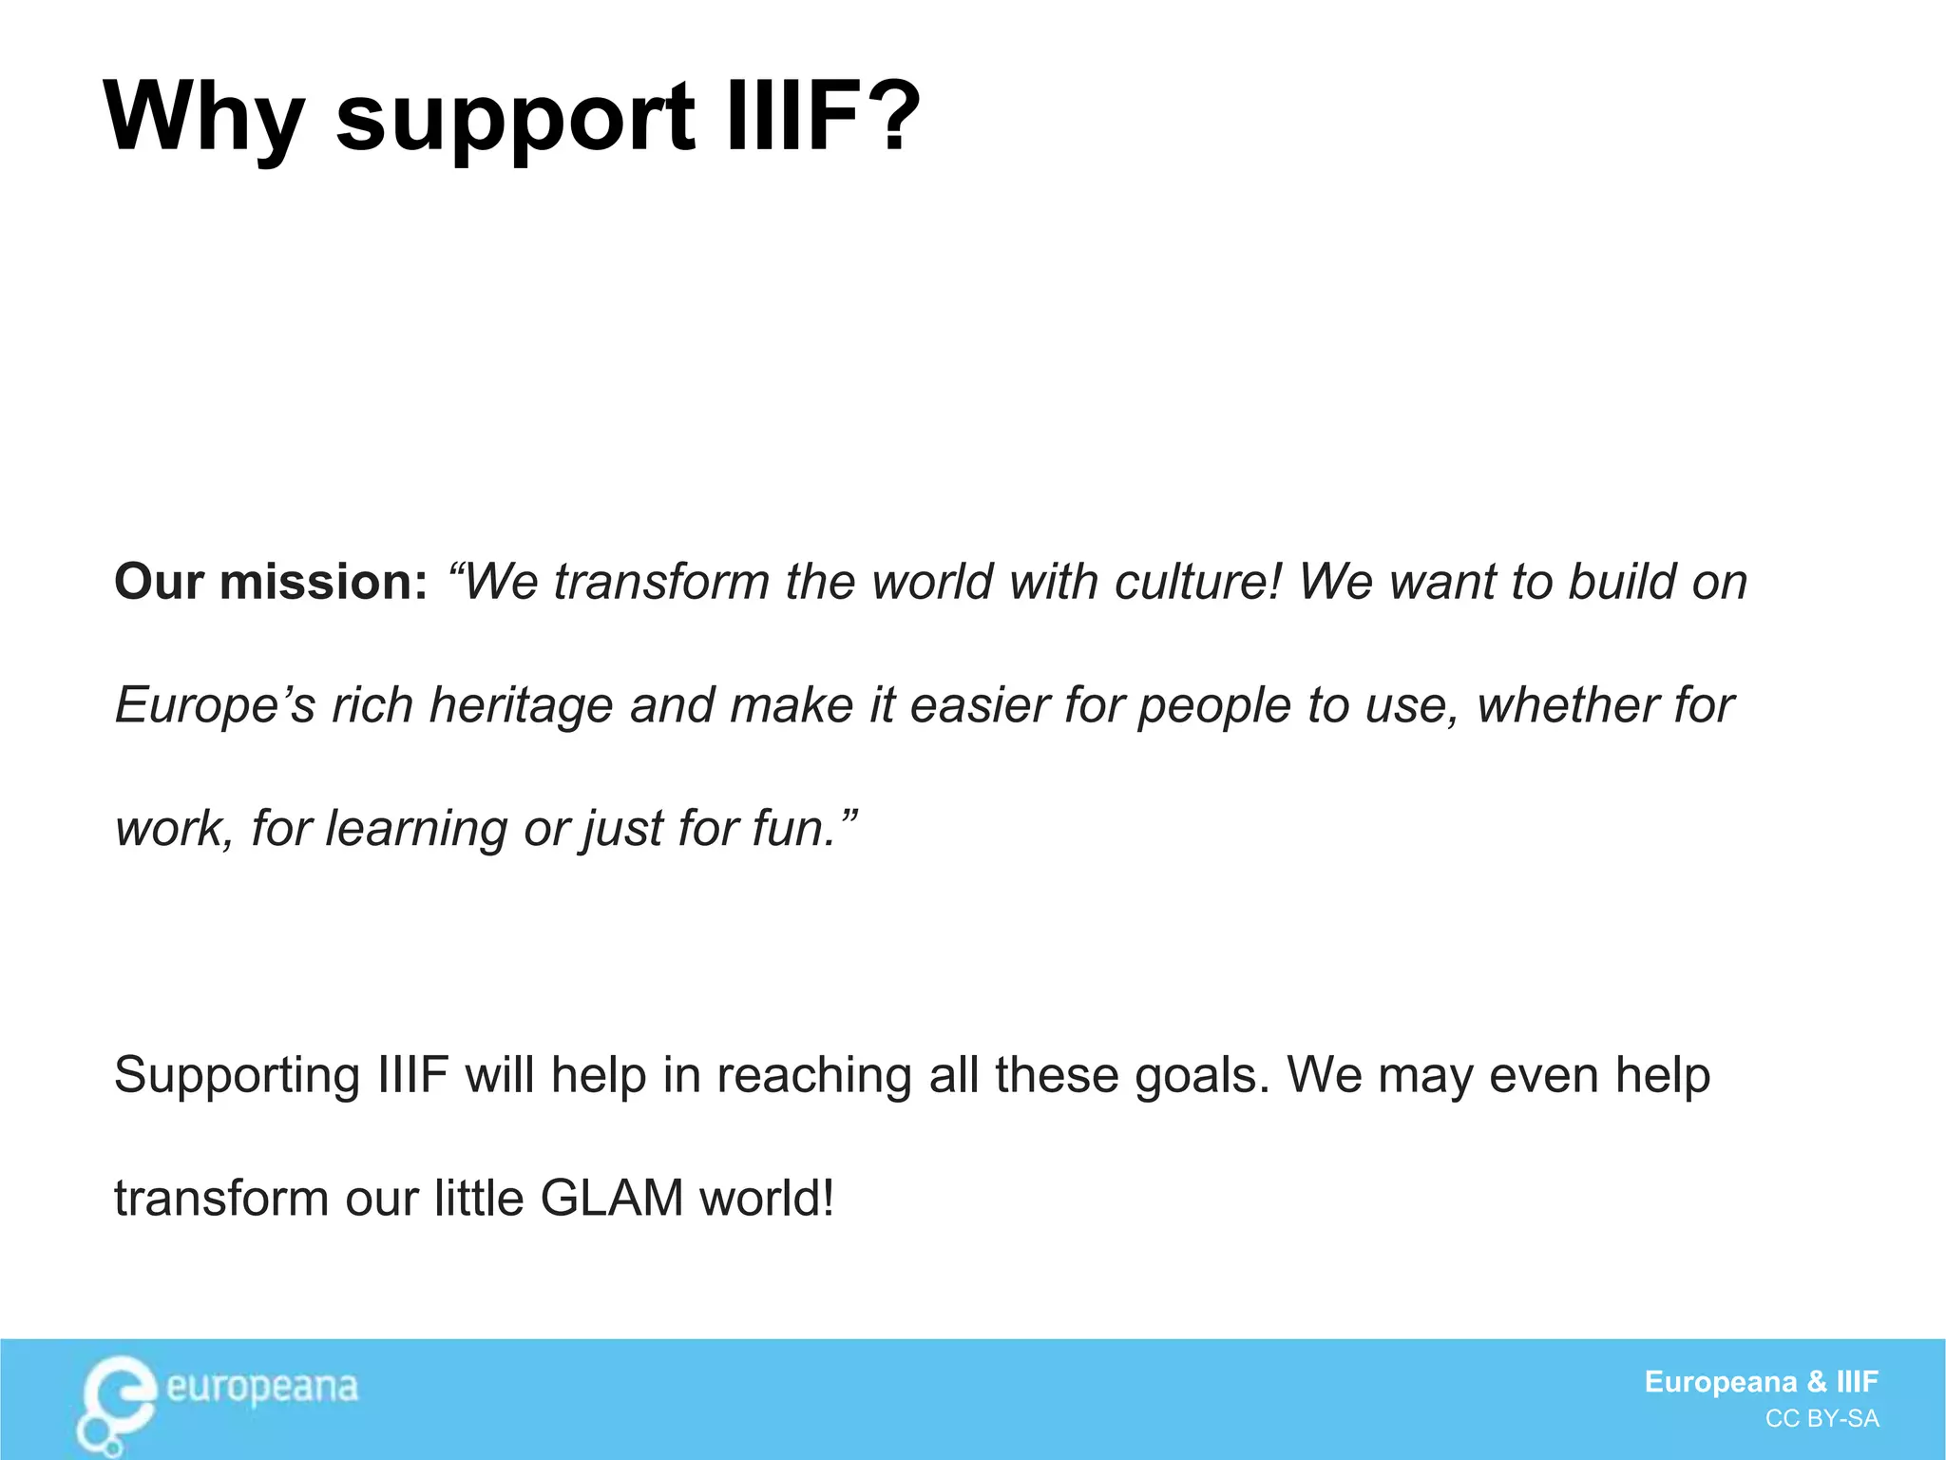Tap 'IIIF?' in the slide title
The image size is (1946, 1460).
click(822, 116)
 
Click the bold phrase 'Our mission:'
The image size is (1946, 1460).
click(271, 582)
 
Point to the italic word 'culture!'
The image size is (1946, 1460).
click(1198, 582)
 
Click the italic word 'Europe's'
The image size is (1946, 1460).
click(215, 705)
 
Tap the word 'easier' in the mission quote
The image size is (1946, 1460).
click(980, 705)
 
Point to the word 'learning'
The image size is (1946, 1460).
click(415, 829)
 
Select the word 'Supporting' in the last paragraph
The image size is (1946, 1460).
click(237, 1077)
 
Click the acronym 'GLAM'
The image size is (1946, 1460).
click(611, 1199)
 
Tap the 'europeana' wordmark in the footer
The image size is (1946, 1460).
click(262, 1388)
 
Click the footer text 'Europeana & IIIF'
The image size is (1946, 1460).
click(1761, 1381)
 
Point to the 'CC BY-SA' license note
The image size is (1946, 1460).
click(1822, 1419)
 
